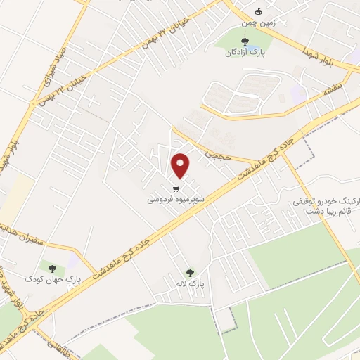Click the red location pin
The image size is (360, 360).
[x=181, y=165]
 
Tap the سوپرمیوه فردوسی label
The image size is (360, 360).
[x=176, y=200]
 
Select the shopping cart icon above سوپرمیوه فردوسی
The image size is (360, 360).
[x=175, y=188]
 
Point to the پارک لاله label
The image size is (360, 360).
[x=190, y=283]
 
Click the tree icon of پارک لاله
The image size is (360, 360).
[x=189, y=272]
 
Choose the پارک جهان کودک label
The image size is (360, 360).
[x=53, y=279]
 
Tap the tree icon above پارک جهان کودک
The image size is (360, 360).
[x=52, y=267]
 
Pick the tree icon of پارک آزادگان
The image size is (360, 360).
[x=244, y=41]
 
